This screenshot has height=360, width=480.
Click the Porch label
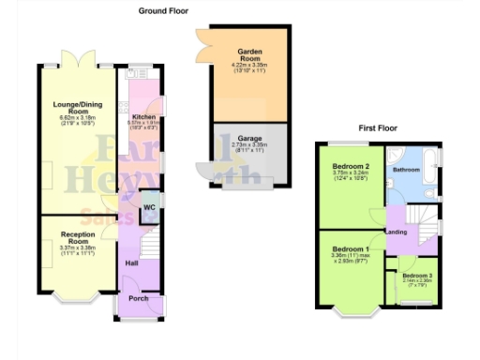(x=138, y=298)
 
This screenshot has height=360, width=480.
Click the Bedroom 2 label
(x=349, y=166)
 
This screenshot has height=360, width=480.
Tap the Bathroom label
(x=405, y=170)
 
